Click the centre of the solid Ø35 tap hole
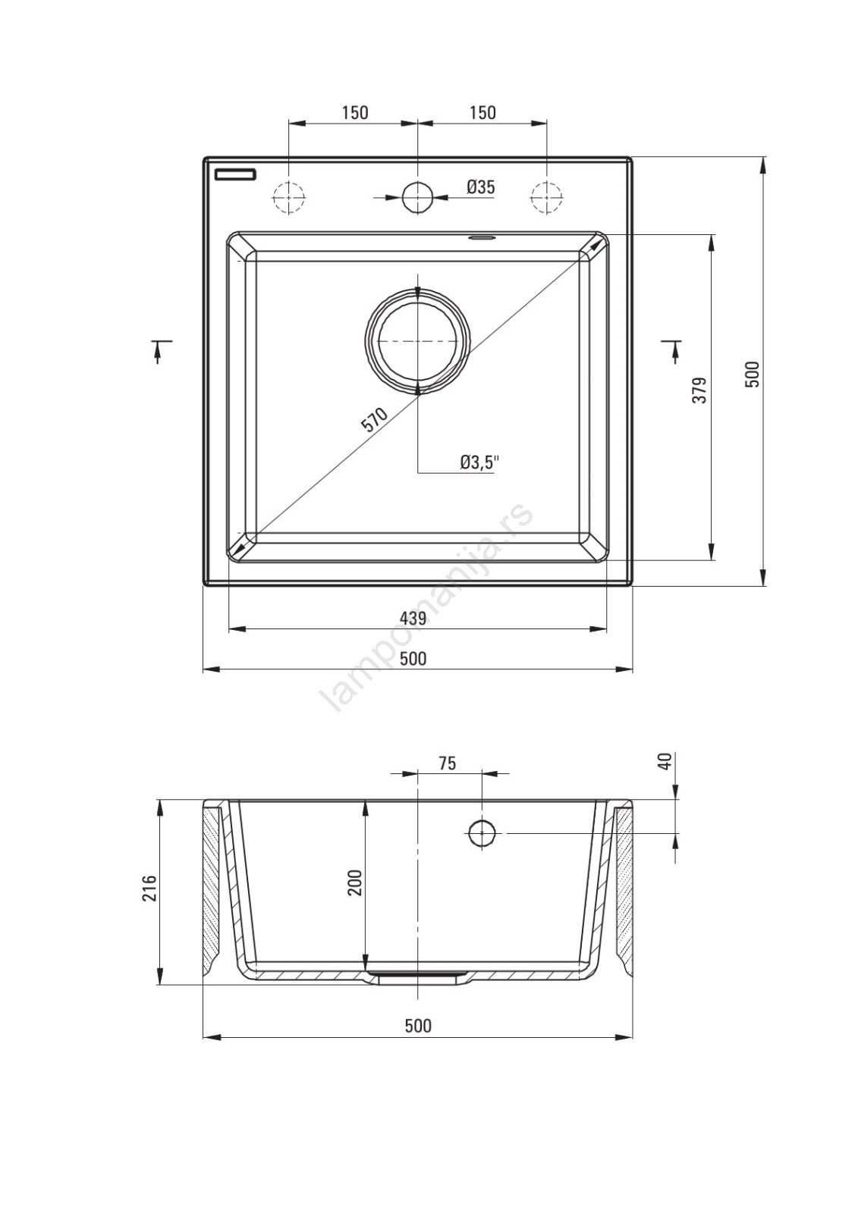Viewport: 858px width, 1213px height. pos(417,196)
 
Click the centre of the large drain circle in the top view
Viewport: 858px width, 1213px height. pos(417,341)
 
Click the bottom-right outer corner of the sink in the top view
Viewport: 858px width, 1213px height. pos(632,585)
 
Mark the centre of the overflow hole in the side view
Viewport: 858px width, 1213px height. pos(481,833)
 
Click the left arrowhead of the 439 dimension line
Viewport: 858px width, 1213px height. pos(237,628)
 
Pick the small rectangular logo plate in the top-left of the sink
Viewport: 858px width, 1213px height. pos(235,174)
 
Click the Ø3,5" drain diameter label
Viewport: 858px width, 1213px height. pos(479,462)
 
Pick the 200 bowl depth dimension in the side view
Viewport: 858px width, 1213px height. pos(355,882)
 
